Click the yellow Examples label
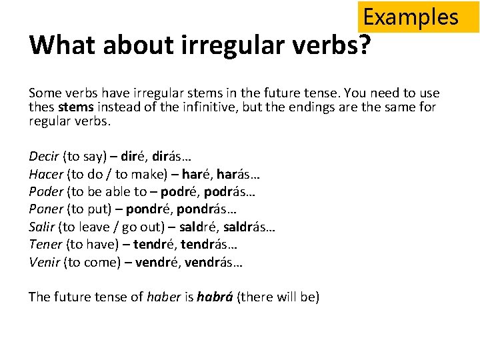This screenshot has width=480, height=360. point(411,17)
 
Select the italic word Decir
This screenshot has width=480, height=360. point(44,157)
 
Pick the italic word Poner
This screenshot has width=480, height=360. point(45,209)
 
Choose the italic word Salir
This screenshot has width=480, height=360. point(42,227)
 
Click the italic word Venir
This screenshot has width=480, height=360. point(44,261)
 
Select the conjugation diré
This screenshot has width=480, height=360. point(136,157)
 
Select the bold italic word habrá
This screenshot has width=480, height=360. point(215,297)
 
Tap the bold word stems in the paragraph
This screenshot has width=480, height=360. point(75,107)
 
